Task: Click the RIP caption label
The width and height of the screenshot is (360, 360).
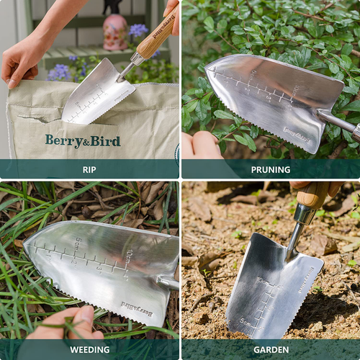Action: click(89, 170)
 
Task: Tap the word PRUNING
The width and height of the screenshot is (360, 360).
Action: click(270, 170)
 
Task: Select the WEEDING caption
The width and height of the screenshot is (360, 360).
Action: click(89, 350)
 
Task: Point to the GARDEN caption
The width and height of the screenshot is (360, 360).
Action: click(270, 350)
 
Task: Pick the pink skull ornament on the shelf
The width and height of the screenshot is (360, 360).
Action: click(115, 32)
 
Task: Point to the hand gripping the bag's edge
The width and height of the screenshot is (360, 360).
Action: click(22, 61)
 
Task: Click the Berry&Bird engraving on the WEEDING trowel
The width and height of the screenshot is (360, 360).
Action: click(136, 309)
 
